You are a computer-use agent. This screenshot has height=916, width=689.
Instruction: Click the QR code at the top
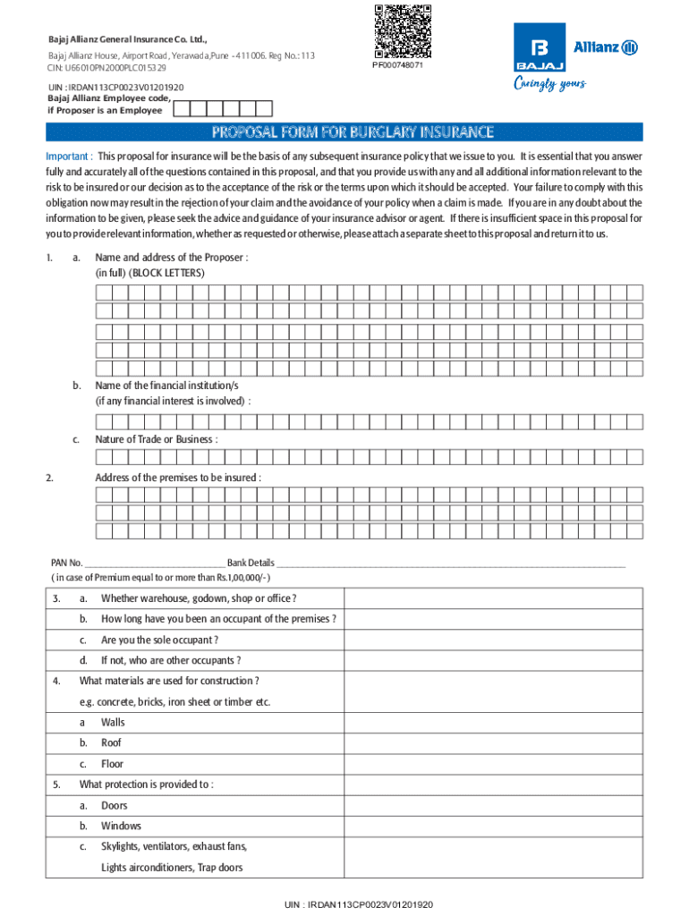[x=402, y=32]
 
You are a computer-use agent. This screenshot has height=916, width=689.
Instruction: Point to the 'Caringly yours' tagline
[x=549, y=84]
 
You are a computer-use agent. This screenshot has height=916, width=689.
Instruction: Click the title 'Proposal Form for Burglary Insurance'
[x=353, y=133]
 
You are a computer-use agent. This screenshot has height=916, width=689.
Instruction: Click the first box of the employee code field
[x=181, y=109]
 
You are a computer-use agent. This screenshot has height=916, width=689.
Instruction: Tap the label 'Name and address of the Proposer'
[x=172, y=258]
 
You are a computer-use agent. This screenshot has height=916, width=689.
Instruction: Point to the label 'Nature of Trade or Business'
[x=157, y=439]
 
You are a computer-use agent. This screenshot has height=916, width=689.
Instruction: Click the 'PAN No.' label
[x=67, y=563]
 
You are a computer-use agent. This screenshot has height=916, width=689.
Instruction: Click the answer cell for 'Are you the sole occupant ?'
[x=494, y=640]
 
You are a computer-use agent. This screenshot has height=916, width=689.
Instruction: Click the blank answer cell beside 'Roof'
[x=494, y=742]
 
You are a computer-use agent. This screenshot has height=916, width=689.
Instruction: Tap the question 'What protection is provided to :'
[x=147, y=785]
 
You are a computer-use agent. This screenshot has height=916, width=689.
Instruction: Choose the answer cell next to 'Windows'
[x=494, y=826]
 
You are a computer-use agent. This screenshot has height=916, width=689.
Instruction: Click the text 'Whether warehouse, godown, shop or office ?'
[x=199, y=598]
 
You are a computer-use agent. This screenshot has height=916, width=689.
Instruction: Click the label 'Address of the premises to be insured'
[x=178, y=478]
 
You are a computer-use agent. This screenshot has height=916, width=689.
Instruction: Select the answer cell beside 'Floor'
[x=494, y=764]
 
